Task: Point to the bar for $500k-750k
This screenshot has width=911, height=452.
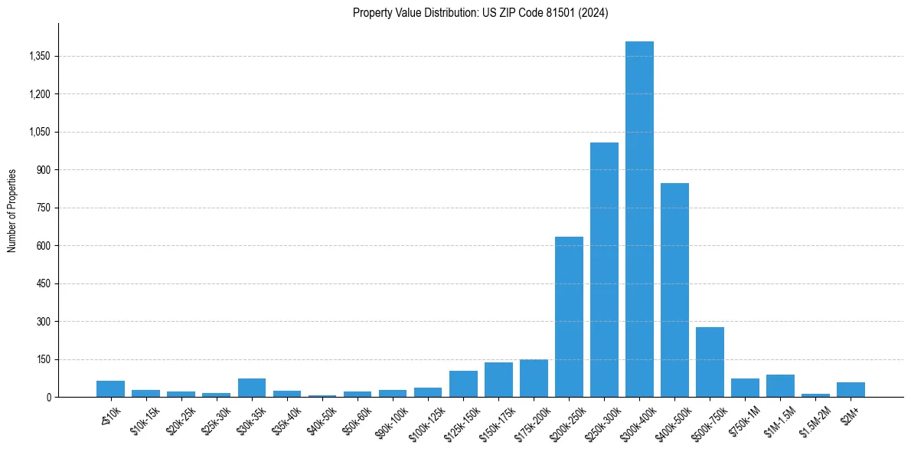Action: [x=710, y=362]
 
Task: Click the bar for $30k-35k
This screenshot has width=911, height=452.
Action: [x=252, y=388]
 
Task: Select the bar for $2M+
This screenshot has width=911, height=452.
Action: [x=851, y=389]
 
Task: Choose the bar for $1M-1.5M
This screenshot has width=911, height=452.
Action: [x=780, y=385]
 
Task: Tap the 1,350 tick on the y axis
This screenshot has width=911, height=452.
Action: [x=38, y=57]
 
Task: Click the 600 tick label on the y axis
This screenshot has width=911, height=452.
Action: [x=43, y=246]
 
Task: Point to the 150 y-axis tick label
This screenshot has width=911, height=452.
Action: [x=43, y=359]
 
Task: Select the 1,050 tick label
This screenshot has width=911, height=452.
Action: [x=38, y=132]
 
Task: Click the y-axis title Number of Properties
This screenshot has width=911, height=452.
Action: [x=12, y=211]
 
